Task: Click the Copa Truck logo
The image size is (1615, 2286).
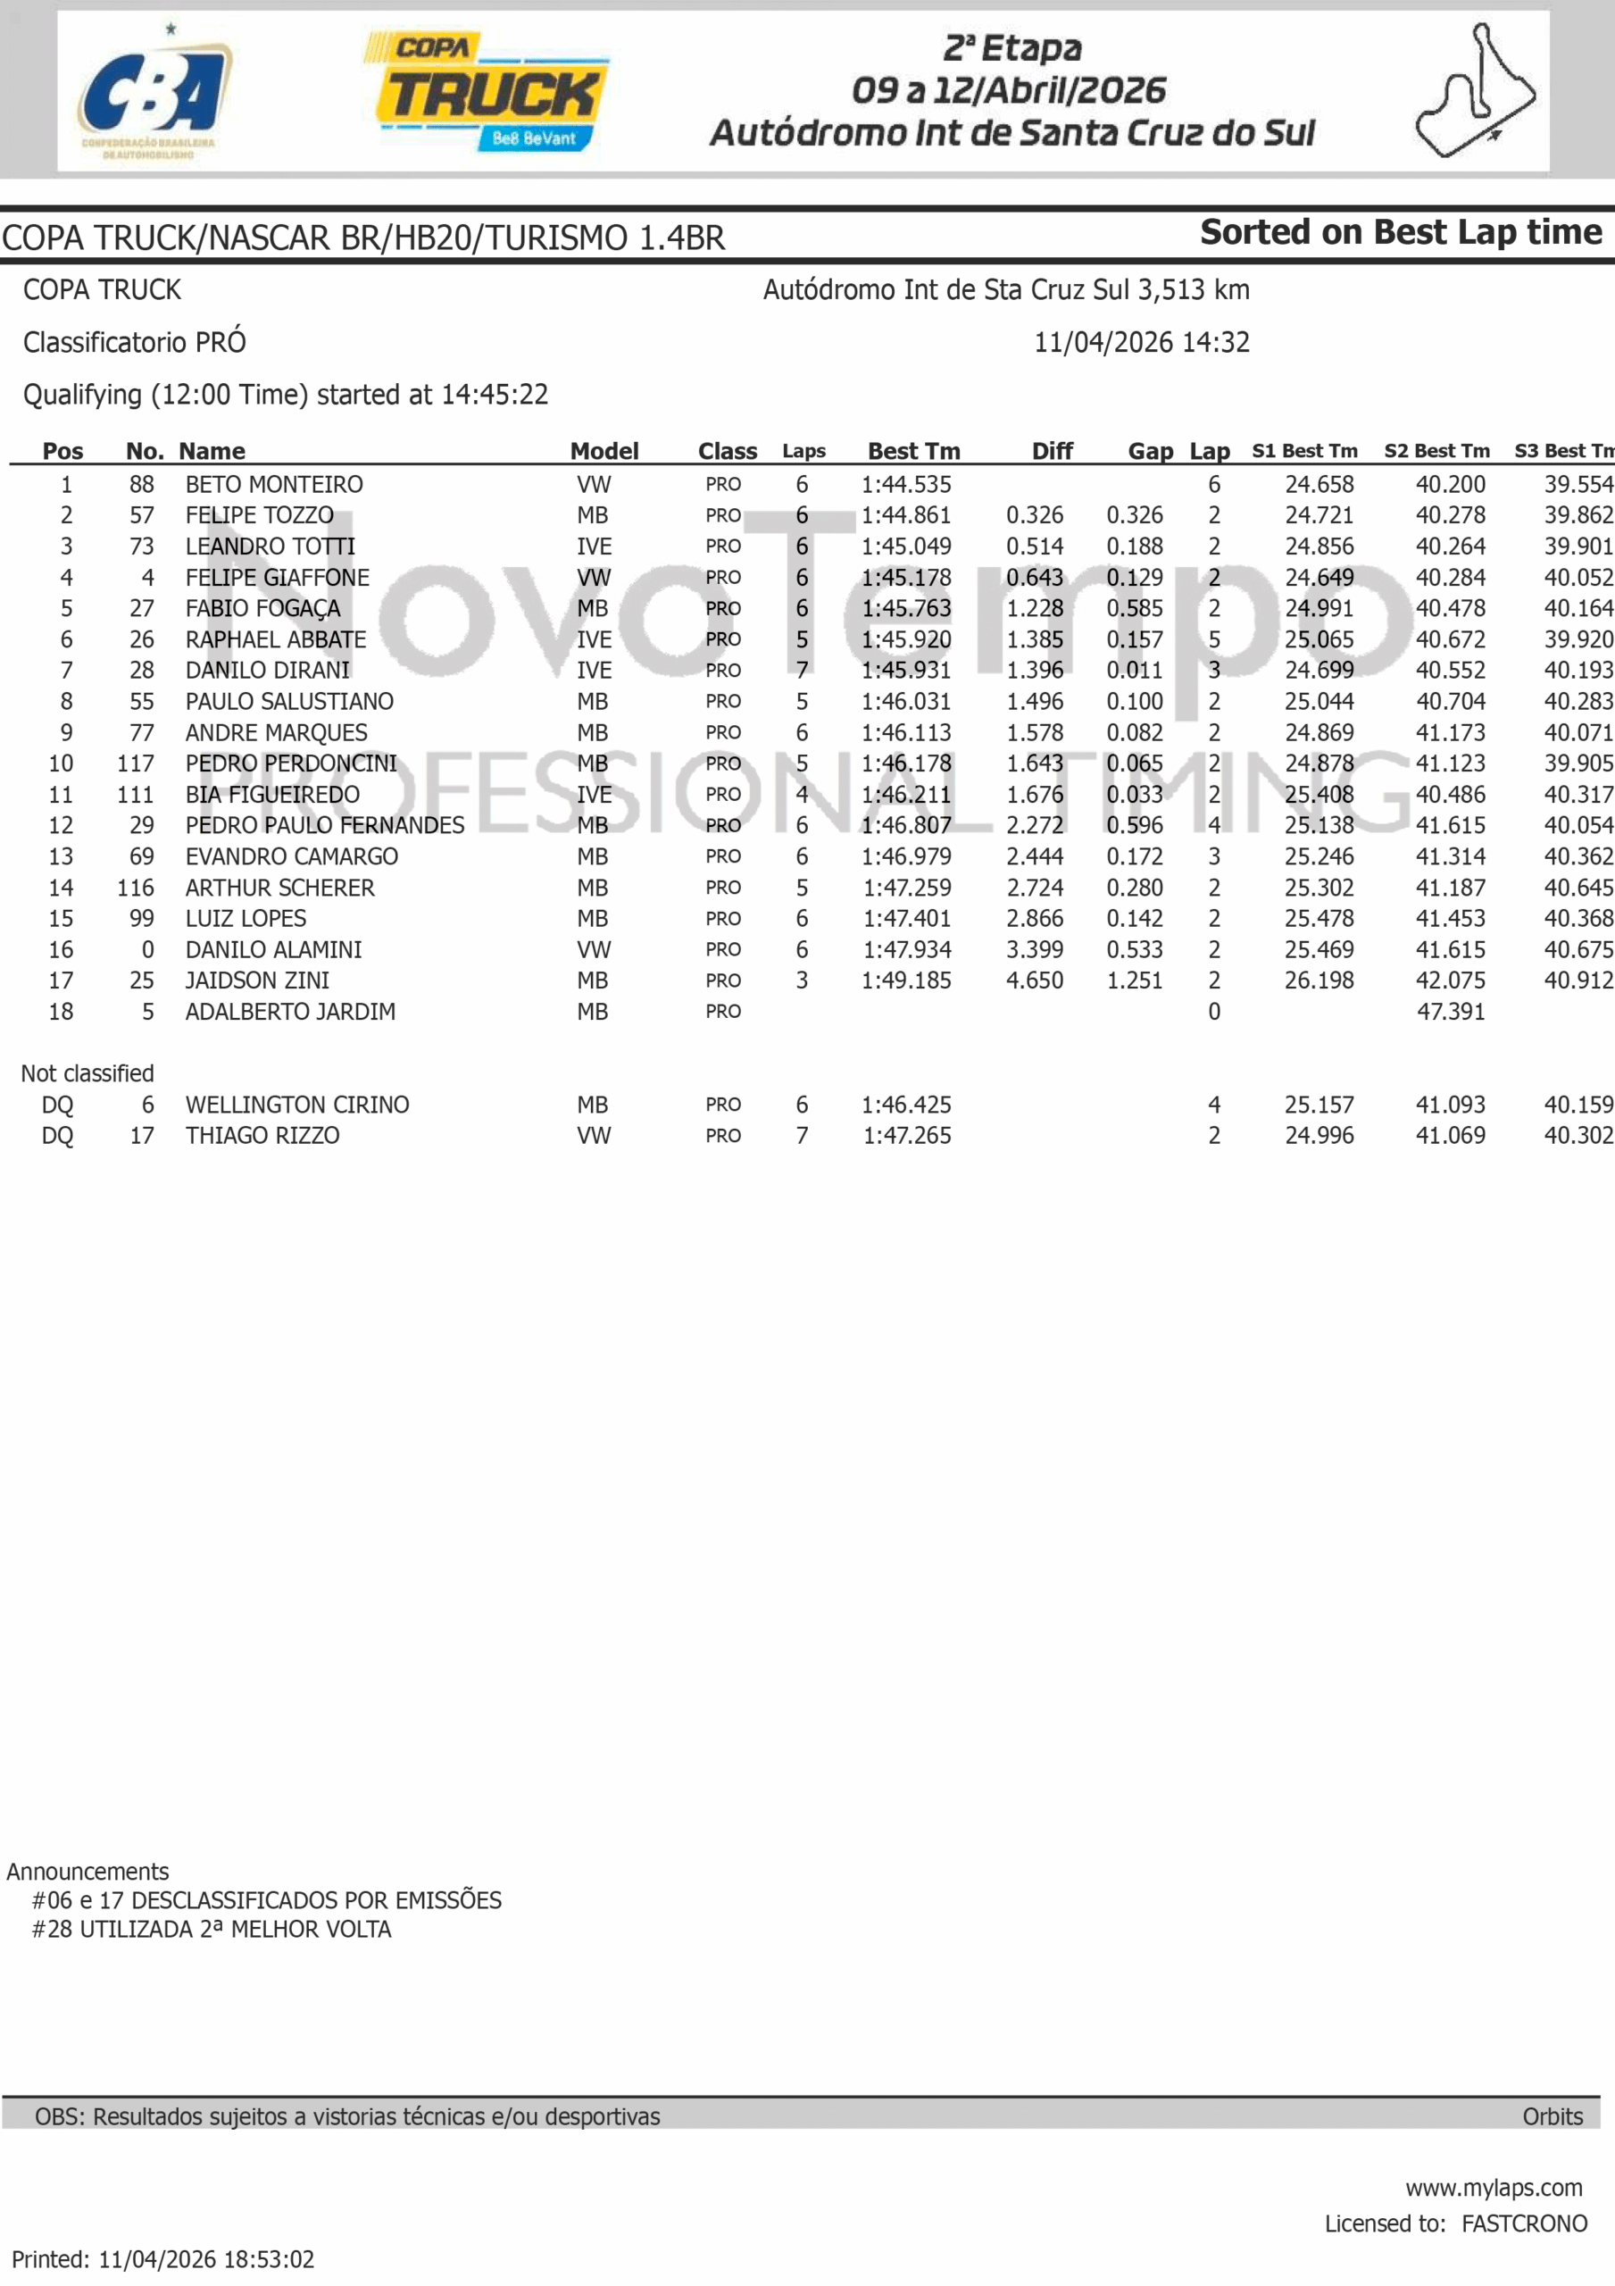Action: coord(487,92)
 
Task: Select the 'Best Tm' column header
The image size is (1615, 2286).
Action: coord(913,451)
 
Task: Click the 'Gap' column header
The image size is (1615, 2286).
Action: coord(1150,451)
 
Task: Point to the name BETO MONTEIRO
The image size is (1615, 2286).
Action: coord(274,485)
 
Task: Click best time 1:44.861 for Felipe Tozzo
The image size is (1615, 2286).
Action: coord(906,516)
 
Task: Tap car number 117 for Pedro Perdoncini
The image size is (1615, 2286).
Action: coord(136,763)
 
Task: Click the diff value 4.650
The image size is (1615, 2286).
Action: coord(1035,980)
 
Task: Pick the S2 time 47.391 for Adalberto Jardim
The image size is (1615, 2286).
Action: coord(1450,1012)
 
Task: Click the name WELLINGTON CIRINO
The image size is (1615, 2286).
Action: coord(296,1105)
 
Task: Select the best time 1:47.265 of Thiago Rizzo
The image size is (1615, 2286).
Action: coord(906,1136)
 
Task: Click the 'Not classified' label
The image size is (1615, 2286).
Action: coord(87,1073)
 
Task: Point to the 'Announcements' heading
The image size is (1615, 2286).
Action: coord(87,1871)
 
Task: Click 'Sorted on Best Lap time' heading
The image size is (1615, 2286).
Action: coord(1400,232)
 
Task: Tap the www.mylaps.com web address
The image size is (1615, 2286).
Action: coord(1494,2188)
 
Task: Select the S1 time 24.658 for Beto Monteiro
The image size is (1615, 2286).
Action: coord(1319,485)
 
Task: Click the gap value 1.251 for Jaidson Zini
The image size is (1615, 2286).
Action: coord(1134,980)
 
